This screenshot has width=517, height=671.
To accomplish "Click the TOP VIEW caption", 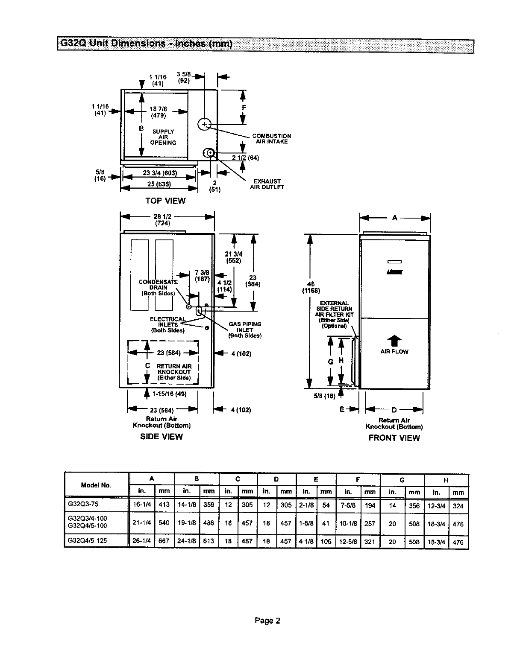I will pyautogui.click(x=165, y=201).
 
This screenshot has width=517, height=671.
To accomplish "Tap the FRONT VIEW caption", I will pyautogui.click(x=394, y=438).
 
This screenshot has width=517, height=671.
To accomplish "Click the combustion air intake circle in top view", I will pyautogui.click(x=205, y=124).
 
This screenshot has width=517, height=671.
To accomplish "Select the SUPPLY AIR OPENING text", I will pyautogui.click(x=163, y=137).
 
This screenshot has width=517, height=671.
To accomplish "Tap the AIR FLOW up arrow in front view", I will pyautogui.click(x=394, y=340).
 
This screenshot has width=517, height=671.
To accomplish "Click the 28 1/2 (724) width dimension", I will pyautogui.click(x=162, y=220).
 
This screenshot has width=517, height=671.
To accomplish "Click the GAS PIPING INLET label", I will pyautogui.click(x=245, y=330).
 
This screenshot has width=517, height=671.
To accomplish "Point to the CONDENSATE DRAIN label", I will pyautogui.click(x=158, y=288).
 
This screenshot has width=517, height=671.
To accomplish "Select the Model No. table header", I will pyautogui.click(x=96, y=485).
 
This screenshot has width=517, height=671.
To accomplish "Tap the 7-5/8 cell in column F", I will pyautogui.click(x=348, y=505).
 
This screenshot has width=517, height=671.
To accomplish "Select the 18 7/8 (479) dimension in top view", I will pyautogui.click(x=158, y=112).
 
